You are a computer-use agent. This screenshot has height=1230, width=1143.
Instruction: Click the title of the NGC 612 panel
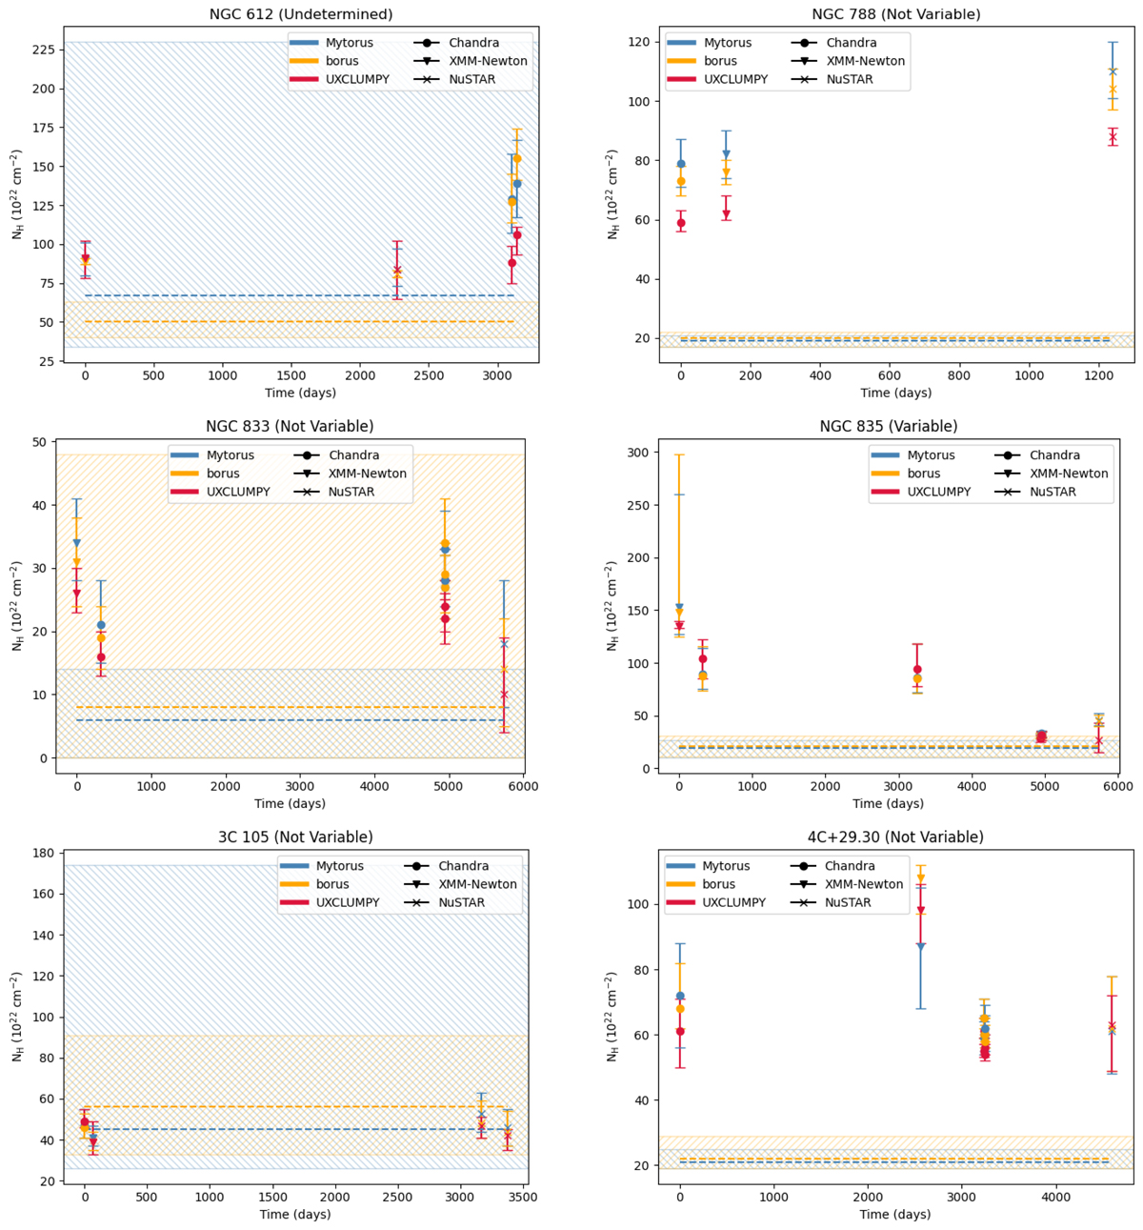(x=301, y=14)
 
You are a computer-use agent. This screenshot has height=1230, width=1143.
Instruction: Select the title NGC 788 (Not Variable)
(x=895, y=14)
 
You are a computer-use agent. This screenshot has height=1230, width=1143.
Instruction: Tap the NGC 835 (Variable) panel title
(x=889, y=427)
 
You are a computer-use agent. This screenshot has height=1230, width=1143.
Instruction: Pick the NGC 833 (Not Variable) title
(x=290, y=427)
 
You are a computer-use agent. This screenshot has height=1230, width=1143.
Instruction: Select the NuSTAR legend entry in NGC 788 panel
(x=851, y=79)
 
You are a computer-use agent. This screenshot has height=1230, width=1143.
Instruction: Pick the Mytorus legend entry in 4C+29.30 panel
(x=726, y=866)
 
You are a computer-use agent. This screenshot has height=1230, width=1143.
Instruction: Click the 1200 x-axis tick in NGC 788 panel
(x=1099, y=377)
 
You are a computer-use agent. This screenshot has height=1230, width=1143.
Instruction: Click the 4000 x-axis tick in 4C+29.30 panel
(x=1054, y=1198)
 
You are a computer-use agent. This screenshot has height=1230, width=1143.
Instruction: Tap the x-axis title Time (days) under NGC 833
(x=290, y=803)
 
